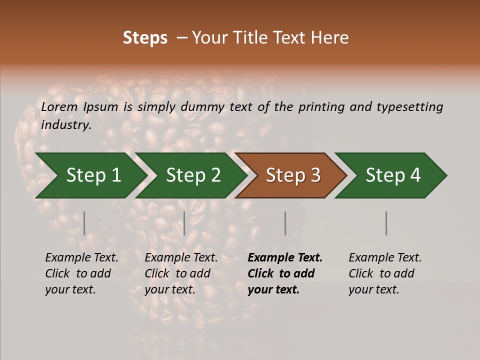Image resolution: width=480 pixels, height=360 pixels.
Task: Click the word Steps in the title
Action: pos(145,38)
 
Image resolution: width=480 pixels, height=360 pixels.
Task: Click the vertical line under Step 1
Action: pos(84,223)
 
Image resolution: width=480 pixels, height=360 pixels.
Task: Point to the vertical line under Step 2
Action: pos(184,223)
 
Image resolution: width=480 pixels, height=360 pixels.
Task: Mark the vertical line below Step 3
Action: pos(285,223)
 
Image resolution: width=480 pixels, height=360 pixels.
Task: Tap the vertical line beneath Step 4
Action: pos(386,223)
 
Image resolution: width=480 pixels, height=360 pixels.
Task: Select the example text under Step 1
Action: pos(81,273)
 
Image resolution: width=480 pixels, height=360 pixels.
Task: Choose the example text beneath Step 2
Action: pos(181,273)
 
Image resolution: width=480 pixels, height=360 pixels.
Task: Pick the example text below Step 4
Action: pos(384,273)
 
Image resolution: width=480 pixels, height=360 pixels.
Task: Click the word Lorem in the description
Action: pos(59,106)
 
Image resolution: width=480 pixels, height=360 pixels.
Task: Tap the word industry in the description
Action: pos(66,125)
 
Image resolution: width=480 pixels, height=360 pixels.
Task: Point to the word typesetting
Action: pos(409,107)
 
